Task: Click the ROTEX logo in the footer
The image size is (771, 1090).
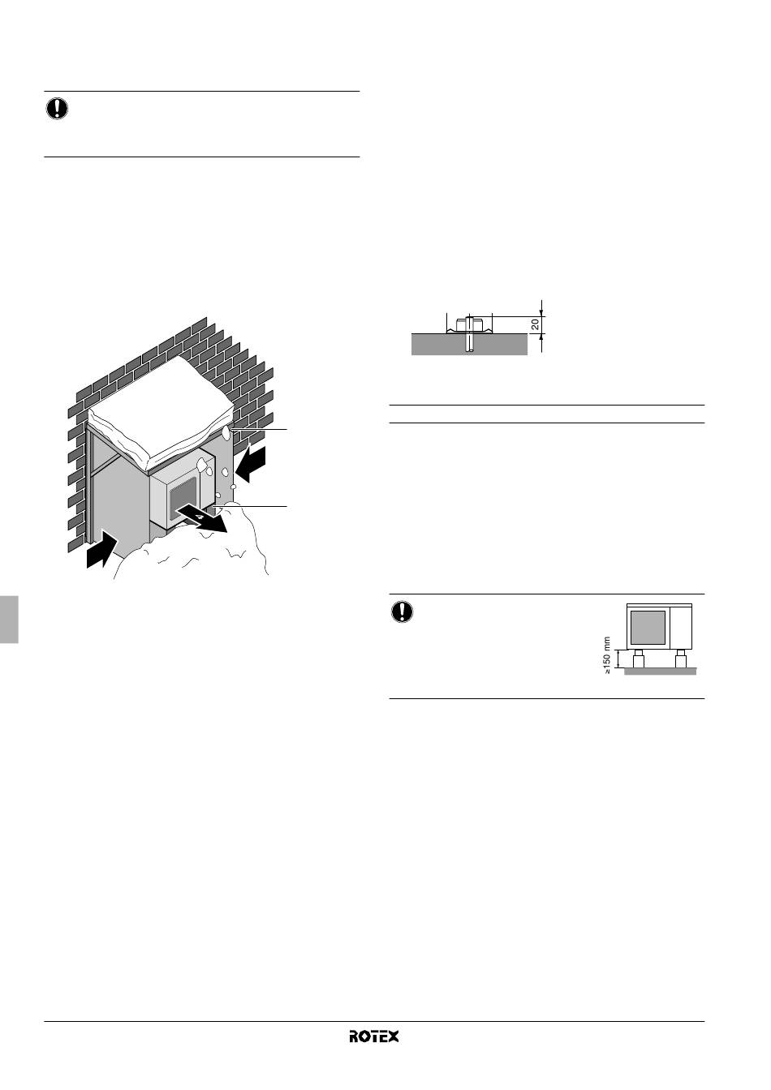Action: (373, 1036)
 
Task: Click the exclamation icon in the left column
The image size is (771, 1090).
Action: (57, 109)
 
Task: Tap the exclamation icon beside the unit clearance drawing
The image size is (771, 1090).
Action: (402, 612)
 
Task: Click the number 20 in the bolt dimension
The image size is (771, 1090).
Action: (536, 324)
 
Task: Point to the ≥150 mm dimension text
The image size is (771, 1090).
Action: (607, 655)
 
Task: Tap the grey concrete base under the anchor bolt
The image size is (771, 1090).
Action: (469, 344)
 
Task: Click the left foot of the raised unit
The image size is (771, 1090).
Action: (638, 659)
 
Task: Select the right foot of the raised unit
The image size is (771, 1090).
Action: (680, 659)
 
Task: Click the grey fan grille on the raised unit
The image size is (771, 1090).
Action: (648, 627)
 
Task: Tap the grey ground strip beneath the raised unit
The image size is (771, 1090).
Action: (661, 672)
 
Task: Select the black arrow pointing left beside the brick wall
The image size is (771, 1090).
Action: (250, 464)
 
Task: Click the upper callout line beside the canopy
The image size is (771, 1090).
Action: (260, 430)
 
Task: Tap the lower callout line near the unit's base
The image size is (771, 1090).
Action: (251, 507)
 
